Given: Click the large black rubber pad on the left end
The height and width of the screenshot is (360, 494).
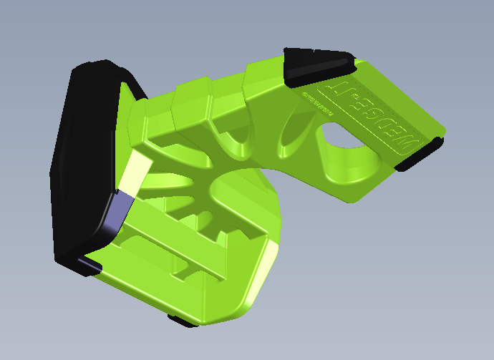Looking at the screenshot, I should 82,157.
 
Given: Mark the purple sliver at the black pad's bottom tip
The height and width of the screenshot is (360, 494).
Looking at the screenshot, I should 86,265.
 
